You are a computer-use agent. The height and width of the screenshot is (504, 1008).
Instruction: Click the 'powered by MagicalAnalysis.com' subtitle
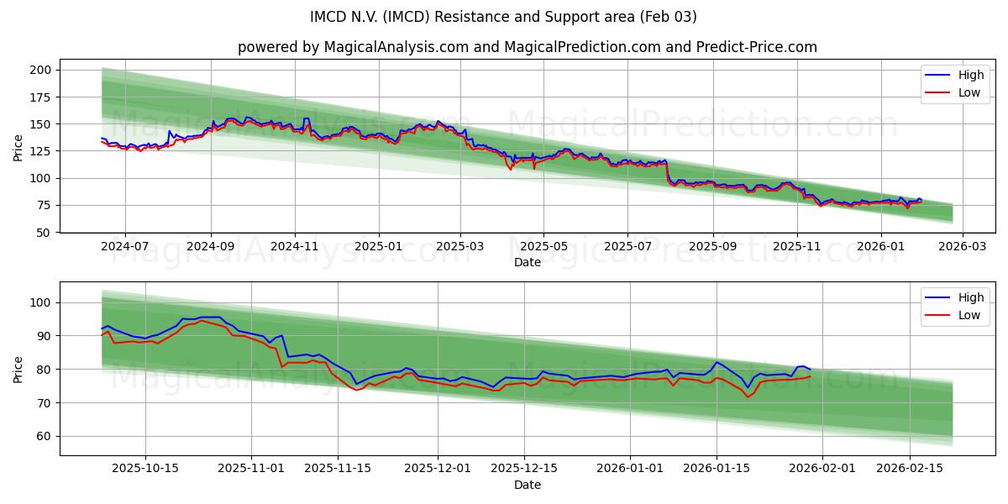click(x=527, y=47)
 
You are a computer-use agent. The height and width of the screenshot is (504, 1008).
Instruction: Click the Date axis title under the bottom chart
click(x=527, y=485)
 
